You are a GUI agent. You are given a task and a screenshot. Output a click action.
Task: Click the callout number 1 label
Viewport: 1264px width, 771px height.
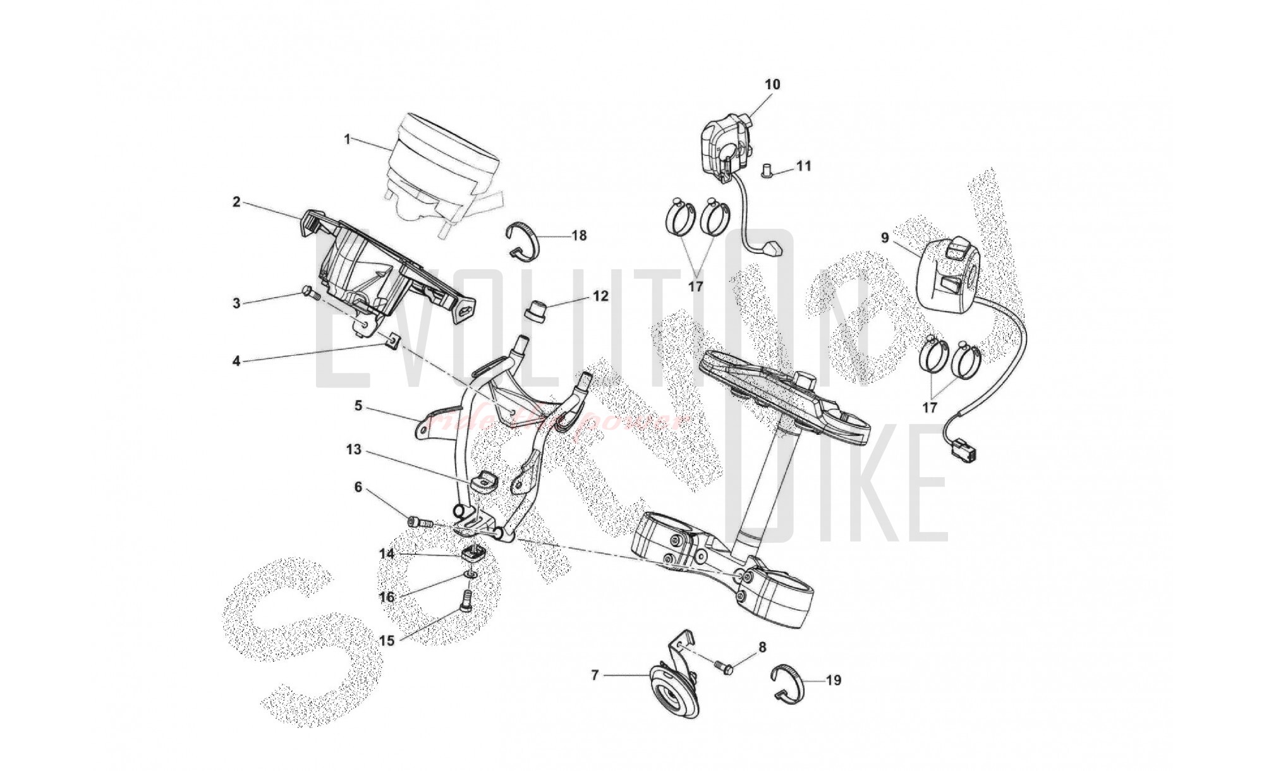click(x=347, y=139)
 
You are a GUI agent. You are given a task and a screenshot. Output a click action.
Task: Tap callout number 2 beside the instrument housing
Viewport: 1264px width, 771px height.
click(x=236, y=202)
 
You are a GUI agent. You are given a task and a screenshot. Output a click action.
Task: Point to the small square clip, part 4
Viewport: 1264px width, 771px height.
click(x=392, y=341)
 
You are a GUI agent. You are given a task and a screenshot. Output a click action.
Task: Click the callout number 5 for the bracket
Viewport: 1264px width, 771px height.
click(x=358, y=406)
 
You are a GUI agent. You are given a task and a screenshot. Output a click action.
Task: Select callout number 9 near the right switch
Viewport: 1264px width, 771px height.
click(x=885, y=238)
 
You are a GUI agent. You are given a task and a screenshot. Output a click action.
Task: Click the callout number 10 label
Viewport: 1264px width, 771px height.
click(x=772, y=85)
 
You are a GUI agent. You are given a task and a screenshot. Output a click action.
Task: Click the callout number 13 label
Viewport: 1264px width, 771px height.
click(x=353, y=450)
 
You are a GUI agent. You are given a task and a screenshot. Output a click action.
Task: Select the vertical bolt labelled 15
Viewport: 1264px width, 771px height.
click(x=466, y=600)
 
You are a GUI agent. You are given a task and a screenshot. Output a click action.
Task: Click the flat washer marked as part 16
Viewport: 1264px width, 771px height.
click(x=470, y=574)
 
